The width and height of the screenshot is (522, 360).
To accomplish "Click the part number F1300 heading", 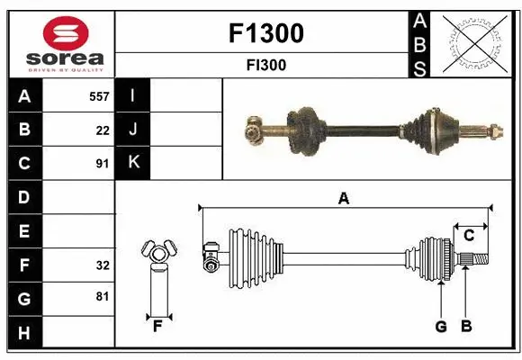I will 266,33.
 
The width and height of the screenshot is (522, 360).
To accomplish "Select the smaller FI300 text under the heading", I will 266,65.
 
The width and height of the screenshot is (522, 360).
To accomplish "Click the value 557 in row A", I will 98,96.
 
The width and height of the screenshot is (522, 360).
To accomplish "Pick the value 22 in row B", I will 103,130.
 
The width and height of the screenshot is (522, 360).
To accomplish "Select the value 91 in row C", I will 103,164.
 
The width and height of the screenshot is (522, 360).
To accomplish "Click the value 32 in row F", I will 103,265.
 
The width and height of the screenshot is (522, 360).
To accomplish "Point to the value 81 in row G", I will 103,295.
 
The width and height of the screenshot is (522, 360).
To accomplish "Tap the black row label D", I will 24,197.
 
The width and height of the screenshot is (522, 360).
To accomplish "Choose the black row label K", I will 133,163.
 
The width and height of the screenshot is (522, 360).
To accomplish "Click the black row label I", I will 133,95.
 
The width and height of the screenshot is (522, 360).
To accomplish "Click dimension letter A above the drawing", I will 343,199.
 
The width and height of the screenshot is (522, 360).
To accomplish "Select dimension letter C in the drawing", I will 469,236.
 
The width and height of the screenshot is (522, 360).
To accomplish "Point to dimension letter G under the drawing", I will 441,327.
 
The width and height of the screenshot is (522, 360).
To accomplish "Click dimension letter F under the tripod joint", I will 157,327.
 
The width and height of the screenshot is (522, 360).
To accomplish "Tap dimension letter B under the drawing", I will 466,327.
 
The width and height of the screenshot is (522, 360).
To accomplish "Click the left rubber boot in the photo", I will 305,129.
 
